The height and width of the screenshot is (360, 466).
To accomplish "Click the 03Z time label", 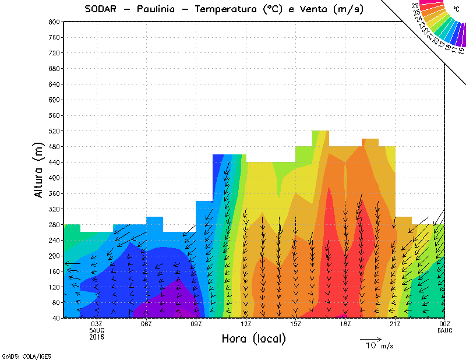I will [x=97, y=324].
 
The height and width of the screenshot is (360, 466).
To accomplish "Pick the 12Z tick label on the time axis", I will [x=246, y=324].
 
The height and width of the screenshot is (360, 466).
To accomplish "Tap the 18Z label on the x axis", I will [x=345, y=324].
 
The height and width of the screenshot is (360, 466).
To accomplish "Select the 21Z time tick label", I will [x=395, y=324].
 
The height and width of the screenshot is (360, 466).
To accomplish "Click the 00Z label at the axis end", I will [x=445, y=324].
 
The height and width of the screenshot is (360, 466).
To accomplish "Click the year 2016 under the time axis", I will [x=97, y=337].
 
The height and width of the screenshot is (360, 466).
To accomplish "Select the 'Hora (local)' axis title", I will [x=253, y=338].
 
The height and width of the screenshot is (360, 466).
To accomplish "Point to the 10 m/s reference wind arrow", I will [x=370, y=338].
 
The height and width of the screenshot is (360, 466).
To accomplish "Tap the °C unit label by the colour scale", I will [x=456, y=8].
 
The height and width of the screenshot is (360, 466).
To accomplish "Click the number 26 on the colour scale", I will [x=416, y=5].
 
